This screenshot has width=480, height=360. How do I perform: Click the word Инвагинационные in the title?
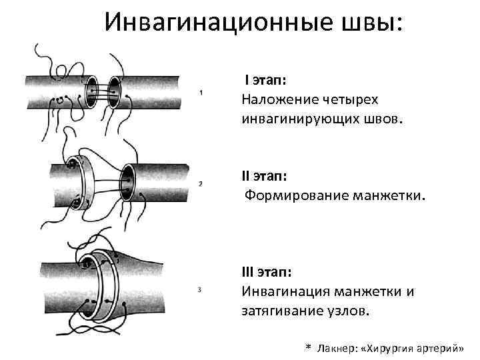click(x=216, y=23)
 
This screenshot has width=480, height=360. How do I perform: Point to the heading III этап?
click(x=270, y=272)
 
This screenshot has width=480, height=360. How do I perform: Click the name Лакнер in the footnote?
click(x=336, y=349)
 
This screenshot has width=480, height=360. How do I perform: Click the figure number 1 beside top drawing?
click(x=201, y=93)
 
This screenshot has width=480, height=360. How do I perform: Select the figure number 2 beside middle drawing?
click(x=201, y=183)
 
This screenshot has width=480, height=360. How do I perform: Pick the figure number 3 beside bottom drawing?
click(x=201, y=289)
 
